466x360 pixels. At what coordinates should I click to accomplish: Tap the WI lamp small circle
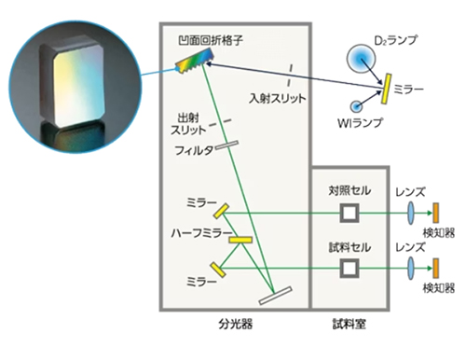coord(356,104)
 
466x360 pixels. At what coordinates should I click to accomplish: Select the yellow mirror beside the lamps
coord(383,90)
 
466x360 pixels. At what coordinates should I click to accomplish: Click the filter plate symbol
coord(226,145)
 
